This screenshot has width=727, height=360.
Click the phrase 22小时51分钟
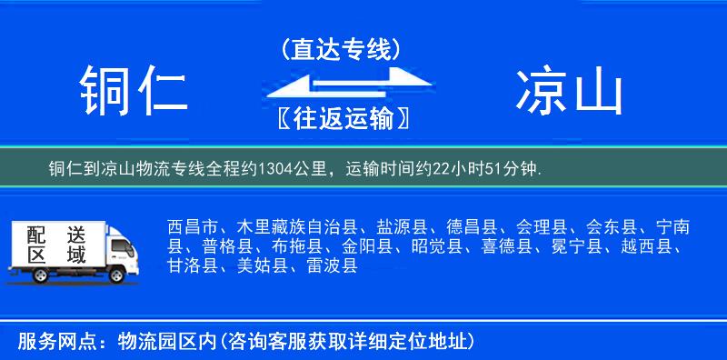[x=494, y=169]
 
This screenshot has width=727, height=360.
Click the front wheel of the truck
[x=119, y=274]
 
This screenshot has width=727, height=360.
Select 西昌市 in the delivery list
[x=194, y=226]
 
